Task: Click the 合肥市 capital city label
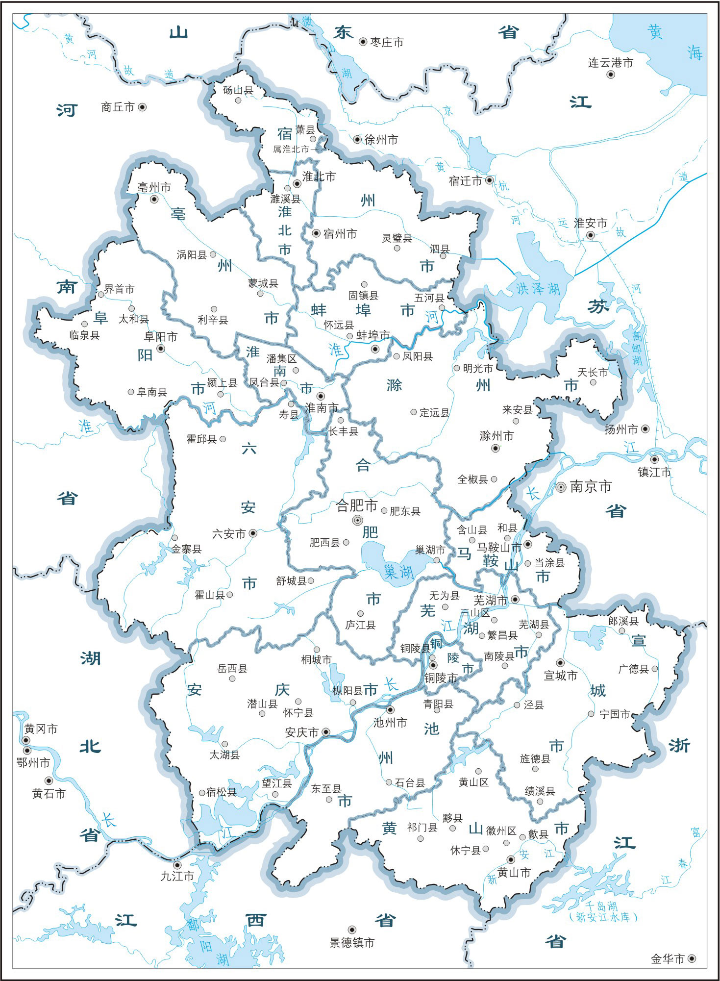point(356,505)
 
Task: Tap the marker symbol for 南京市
point(561,487)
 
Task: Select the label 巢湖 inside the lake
point(398,571)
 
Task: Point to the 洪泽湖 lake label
point(538,289)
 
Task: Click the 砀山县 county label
point(238,90)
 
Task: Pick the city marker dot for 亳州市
point(154,199)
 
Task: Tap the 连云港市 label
point(610,63)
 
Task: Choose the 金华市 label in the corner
point(667,959)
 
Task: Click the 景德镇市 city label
point(352,942)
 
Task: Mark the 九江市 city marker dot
point(177,865)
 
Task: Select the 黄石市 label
point(49,793)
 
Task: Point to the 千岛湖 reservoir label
point(601,906)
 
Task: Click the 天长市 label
point(592,373)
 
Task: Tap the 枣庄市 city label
point(387,43)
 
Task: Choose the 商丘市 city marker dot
point(142,107)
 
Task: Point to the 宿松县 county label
point(221,792)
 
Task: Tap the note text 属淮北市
point(291,149)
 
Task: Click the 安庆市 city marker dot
point(325,732)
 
